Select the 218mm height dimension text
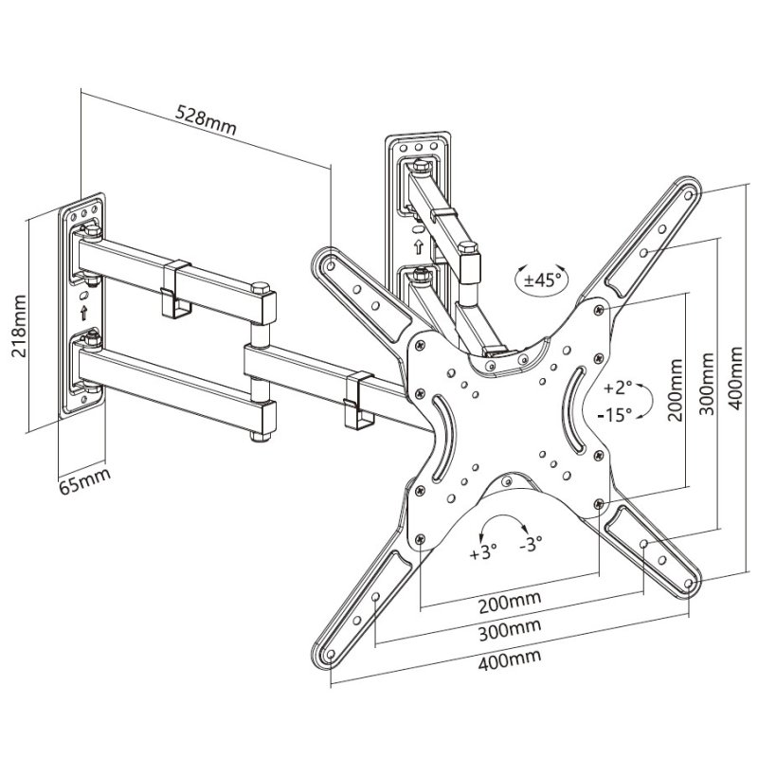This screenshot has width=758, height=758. (x=15, y=322)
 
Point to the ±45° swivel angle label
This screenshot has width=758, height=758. (x=538, y=280)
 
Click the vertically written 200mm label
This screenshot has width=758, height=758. (x=675, y=391)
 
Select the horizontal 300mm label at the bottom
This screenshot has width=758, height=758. (x=510, y=628)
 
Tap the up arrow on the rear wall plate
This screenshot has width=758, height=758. (x=418, y=246)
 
